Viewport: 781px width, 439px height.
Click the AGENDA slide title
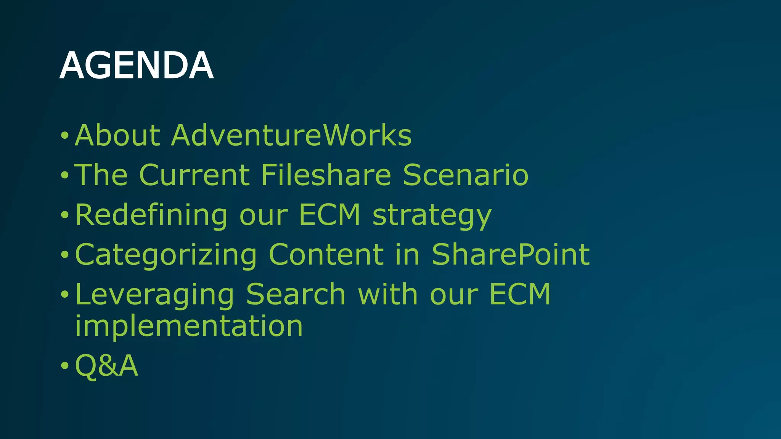(136, 66)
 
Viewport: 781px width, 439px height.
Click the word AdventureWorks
(291, 135)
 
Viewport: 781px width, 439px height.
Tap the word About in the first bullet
(117, 135)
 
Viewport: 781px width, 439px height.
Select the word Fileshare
(326, 175)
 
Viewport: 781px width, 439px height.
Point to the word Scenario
(466, 175)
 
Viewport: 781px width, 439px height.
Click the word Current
(194, 175)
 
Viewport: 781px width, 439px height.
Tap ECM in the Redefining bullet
(329, 215)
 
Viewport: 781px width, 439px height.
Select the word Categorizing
(166, 255)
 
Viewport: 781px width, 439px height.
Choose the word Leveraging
(154, 295)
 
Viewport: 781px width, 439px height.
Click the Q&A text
(106, 365)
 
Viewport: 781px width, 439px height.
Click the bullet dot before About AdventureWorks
(64, 135)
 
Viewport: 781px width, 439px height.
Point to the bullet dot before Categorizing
(64, 255)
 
